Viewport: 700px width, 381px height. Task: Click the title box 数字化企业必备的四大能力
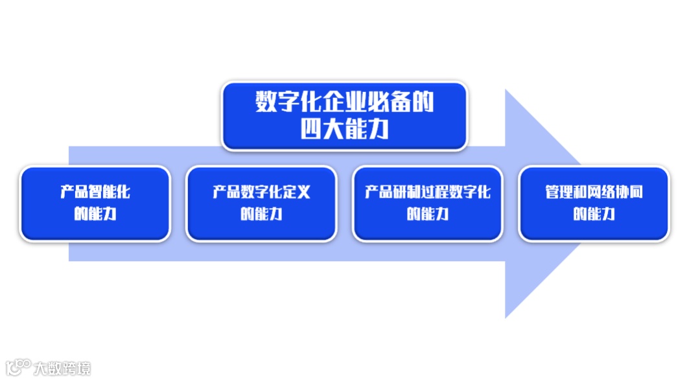(344, 116)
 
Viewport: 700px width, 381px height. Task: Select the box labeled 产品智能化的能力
(95, 203)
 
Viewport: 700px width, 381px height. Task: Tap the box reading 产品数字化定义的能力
(261, 203)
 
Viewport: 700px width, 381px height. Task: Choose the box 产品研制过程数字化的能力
(428, 203)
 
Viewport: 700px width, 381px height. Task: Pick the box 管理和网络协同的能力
(594, 203)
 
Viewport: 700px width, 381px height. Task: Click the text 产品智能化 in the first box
(95, 192)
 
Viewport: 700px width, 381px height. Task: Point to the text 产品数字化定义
(261, 192)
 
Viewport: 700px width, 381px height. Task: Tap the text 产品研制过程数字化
(428, 192)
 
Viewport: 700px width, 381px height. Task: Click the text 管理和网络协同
(594, 192)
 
